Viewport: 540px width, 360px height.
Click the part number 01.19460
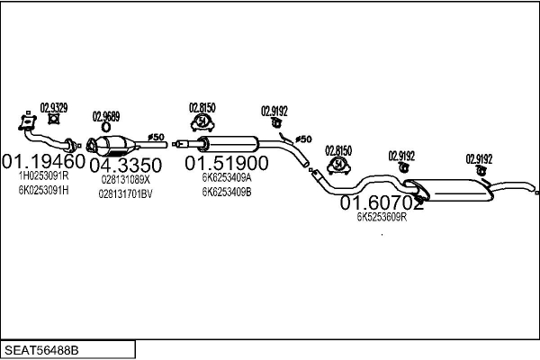pyautogui.click(x=43, y=163)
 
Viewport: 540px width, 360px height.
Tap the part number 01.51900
pyautogui.click(x=227, y=164)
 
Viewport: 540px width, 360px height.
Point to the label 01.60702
pyautogui.click(x=382, y=203)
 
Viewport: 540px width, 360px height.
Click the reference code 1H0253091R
pyautogui.click(x=43, y=177)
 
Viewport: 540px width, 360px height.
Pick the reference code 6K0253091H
pyautogui.click(x=43, y=191)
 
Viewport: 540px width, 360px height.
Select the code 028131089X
pyautogui.click(x=125, y=179)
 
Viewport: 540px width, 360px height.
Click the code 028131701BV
pyautogui.click(x=125, y=193)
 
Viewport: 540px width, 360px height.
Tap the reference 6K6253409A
pyautogui.click(x=227, y=178)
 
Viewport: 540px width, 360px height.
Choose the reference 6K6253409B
pyautogui.click(x=227, y=192)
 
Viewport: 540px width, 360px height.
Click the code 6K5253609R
pyautogui.click(x=382, y=217)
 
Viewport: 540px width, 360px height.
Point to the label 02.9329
pyautogui.click(x=54, y=106)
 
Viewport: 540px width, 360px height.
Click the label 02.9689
pyautogui.click(x=106, y=116)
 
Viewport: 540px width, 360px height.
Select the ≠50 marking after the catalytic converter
pyautogui.click(x=155, y=138)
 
